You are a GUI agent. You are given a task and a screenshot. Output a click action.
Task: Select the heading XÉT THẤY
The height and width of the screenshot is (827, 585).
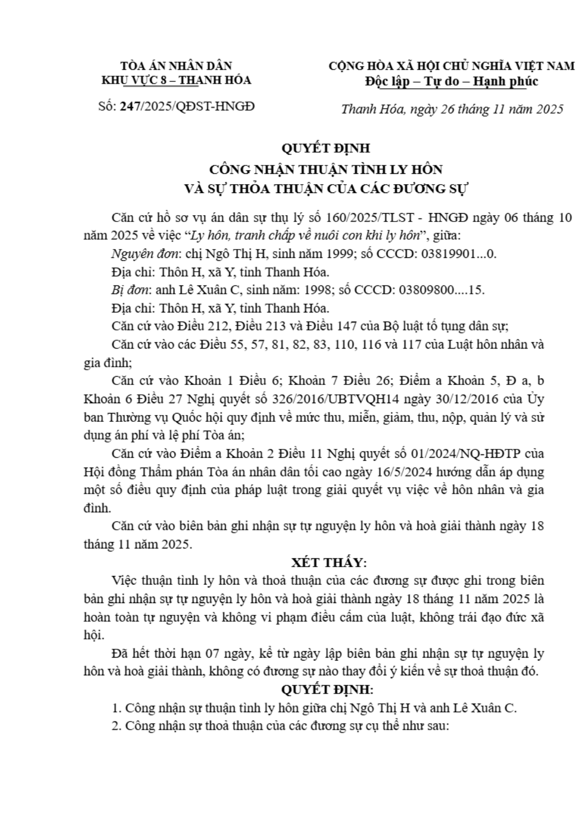328,562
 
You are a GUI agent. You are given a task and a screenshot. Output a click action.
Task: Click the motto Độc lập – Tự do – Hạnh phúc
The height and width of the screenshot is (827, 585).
451,81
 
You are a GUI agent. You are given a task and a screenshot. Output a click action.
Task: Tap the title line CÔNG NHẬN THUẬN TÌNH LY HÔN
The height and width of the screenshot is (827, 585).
326,169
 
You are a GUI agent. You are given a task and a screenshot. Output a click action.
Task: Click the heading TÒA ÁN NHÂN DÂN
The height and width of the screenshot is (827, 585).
176,66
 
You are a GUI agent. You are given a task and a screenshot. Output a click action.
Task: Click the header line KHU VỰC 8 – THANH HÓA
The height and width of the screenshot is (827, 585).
176,80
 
